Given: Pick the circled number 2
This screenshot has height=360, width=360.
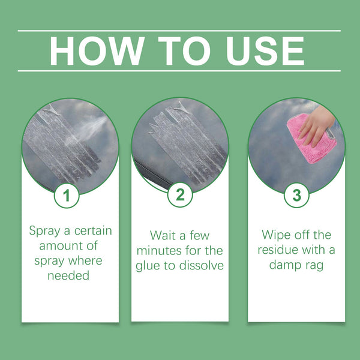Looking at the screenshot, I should [180, 195].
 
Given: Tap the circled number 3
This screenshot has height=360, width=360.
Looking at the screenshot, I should [296, 195].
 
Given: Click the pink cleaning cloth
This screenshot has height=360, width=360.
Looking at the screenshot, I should [306, 141].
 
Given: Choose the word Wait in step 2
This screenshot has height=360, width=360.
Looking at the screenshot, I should [163, 235].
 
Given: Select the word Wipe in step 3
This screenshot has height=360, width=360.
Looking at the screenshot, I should [276, 235].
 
